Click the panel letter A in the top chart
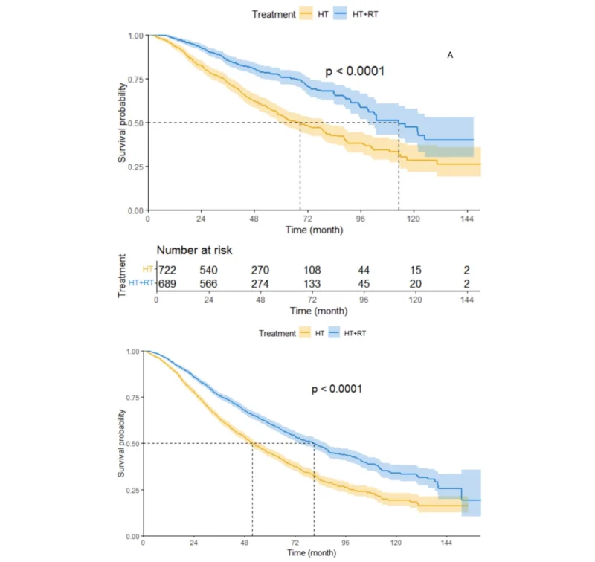450,54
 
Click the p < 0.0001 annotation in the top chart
355,71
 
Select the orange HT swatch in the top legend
306,13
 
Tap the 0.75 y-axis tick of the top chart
135,80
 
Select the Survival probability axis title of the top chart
123,123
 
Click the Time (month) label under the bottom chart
311,553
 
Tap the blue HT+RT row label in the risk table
141,282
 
